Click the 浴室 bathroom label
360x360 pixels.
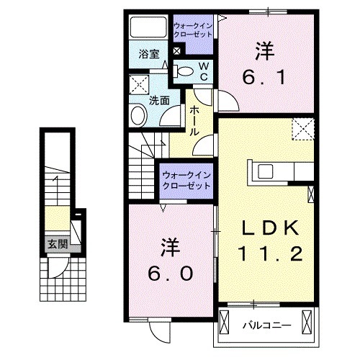click(149, 53)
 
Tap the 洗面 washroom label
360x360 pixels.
click(159, 101)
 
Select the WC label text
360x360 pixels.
click(204, 71)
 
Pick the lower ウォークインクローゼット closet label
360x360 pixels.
click(186, 179)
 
